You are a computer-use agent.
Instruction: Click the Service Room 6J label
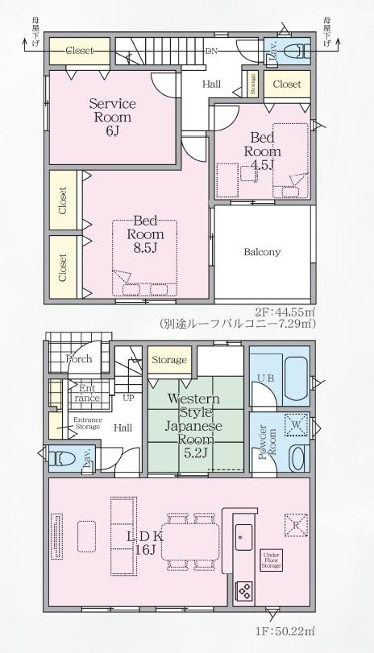point(112,118)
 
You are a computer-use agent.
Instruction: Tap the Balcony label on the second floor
point(262,252)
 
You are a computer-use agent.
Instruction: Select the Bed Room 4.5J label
point(263,151)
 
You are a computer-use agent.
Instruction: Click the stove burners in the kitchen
point(244,592)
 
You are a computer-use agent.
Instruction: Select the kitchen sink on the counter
point(243,533)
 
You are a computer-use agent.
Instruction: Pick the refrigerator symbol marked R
point(294,524)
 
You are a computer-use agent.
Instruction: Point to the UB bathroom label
point(265,378)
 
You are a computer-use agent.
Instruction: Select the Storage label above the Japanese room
point(169,360)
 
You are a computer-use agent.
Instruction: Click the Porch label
point(79,359)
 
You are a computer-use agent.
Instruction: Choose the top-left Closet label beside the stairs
point(80,50)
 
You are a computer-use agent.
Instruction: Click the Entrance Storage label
point(87,423)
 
